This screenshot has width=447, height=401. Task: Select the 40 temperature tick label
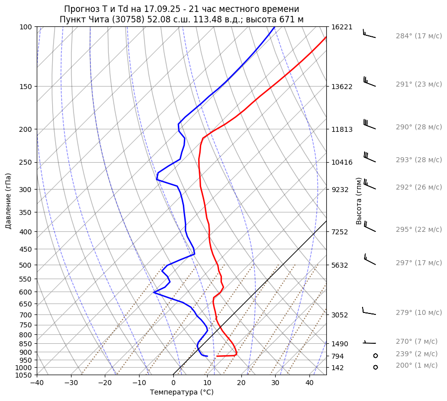[x=309, y=383]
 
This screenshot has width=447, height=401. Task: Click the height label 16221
[x=342, y=27]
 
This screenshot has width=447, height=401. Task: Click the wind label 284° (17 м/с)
[x=419, y=36]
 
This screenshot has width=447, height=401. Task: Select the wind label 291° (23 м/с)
[x=419, y=85]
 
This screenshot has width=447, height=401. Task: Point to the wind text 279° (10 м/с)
[x=419, y=313]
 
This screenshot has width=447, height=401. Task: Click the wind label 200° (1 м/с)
[x=417, y=366]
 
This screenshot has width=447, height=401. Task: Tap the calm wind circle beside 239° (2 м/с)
[x=375, y=356]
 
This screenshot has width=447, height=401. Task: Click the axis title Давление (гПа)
[x=8, y=201]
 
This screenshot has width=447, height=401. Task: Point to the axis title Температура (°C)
[x=182, y=393]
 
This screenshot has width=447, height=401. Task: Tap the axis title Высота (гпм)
[x=359, y=200]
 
